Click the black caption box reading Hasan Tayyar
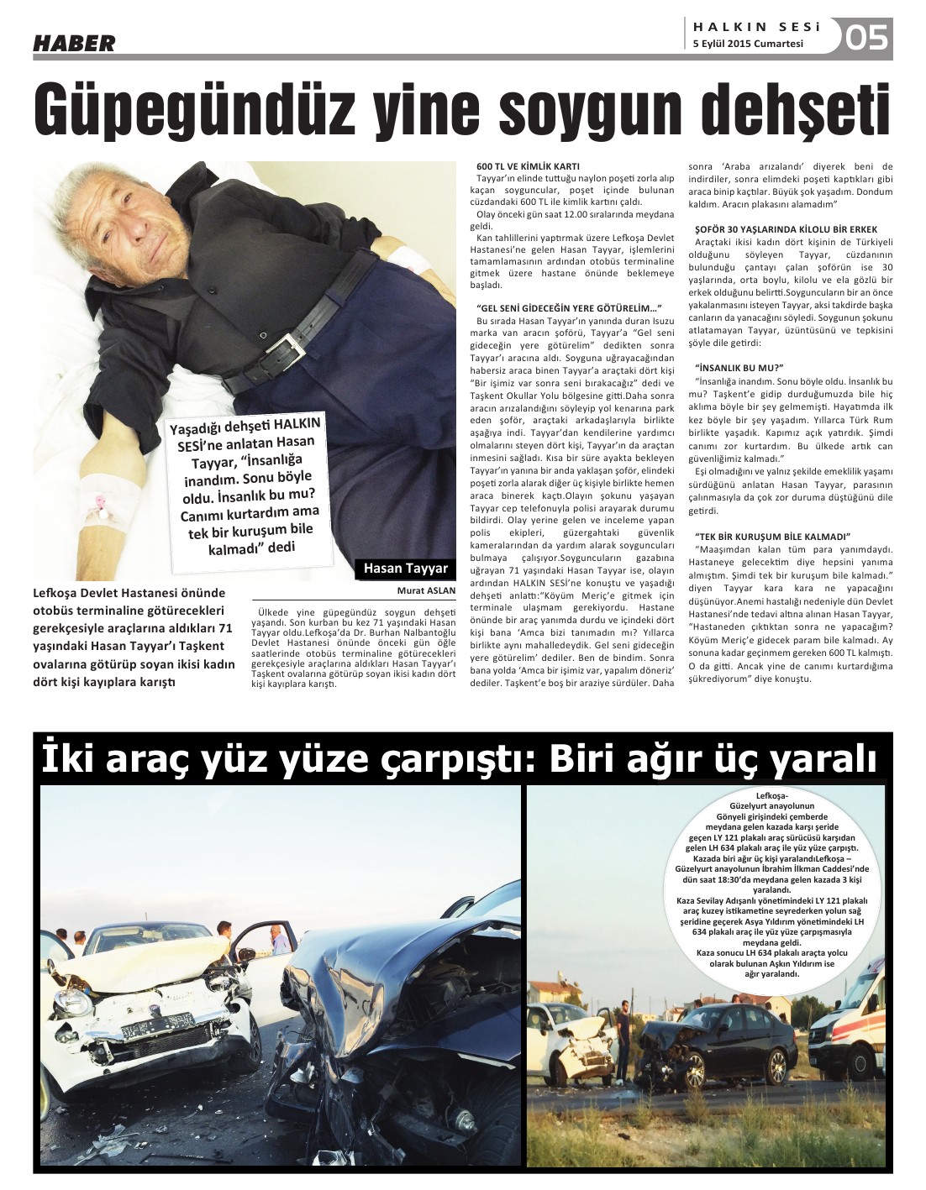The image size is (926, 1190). (405, 569)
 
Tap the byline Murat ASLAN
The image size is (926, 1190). (426, 590)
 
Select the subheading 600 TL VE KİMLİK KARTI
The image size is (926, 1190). (527, 166)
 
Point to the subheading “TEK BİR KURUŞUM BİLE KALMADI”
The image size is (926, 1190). (773, 536)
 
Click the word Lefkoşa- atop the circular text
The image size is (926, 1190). (767, 795)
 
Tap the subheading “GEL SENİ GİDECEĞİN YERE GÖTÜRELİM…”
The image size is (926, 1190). (569, 308)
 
